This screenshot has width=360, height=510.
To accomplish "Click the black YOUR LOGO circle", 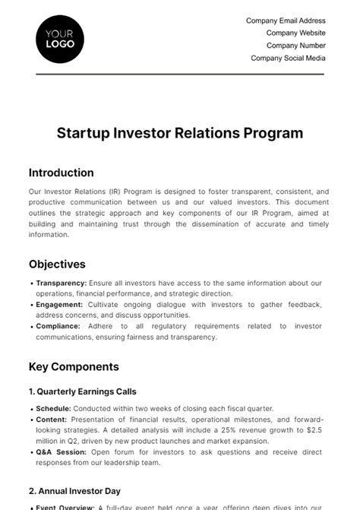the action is (60, 39).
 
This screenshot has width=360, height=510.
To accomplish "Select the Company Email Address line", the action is (286, 21).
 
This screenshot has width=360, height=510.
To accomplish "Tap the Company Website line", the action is (295, 33).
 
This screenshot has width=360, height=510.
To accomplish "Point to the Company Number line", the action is (295, 46).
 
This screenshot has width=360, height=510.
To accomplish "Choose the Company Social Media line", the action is (288, 58).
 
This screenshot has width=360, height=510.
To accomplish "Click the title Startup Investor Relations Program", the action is (180, 133).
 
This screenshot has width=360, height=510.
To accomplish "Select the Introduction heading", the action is (62, 173).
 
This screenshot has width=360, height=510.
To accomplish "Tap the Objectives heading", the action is (57, 265).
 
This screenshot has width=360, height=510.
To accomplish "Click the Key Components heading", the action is (74, 366).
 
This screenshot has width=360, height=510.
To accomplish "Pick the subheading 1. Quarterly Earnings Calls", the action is (83, 392).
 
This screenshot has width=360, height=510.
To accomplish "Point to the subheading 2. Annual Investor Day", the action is (74, 492).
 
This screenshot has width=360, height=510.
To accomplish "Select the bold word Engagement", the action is (58, 304).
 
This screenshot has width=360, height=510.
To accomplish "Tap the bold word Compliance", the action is (58, 326).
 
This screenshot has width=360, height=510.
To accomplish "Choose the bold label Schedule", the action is (53, 408).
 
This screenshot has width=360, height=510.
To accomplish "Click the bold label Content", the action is (51, 419).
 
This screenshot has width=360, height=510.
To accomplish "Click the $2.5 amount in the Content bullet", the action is (314, 430).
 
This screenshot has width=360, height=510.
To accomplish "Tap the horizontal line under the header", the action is (180, 74).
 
